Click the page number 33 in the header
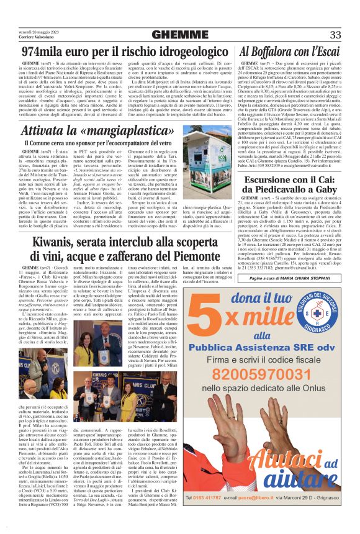coord(335,34)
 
